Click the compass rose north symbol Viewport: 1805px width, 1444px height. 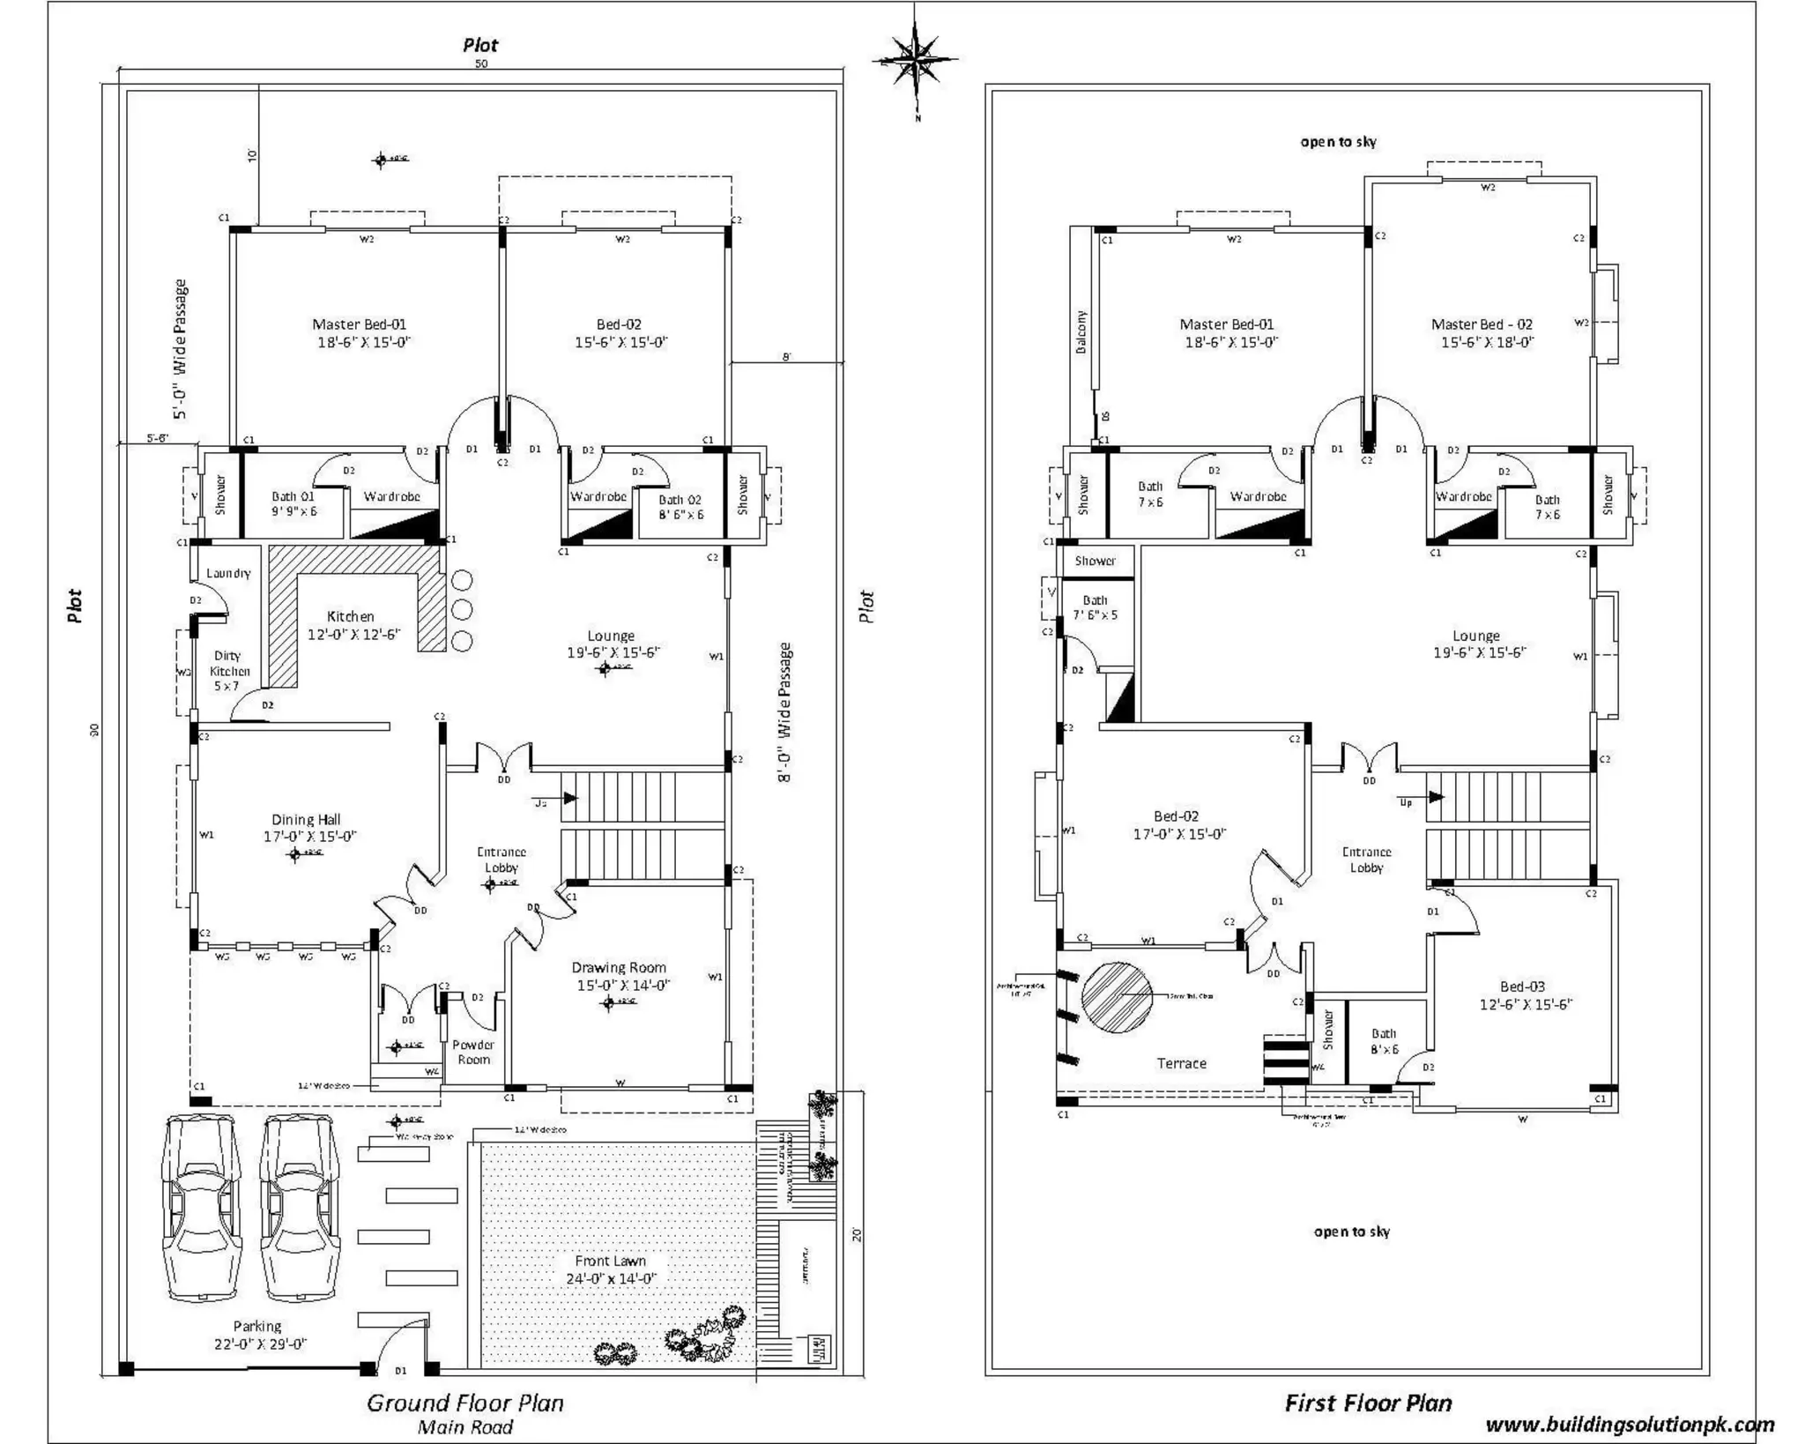tap(916, 60)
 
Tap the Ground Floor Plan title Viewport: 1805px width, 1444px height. tap(464, 1403)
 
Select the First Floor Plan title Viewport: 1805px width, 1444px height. tap(1368, 1403)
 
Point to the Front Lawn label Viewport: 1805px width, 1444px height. tap(610, 1269)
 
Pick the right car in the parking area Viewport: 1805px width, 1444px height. tap(300, 1208)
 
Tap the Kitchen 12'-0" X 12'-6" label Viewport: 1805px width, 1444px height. tap(353, 625)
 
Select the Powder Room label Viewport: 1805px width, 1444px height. tap(473, 1052)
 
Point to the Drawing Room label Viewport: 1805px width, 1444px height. tap(619, 976)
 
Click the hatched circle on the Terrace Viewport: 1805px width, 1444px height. tap(1117, 997)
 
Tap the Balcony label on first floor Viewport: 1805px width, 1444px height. tap(1081, 331)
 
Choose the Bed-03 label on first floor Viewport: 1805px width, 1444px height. tap(1524, 994)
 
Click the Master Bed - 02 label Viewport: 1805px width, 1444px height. tap(1486, 332)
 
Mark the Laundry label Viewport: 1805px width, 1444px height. tap(228, 573)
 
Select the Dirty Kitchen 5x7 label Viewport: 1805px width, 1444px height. tap(228, 670)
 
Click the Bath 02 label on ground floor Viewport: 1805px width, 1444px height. tap(680, 506)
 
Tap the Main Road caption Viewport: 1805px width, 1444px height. tap(464, 1427)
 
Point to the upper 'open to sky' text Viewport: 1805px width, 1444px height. tap(1338, 142)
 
